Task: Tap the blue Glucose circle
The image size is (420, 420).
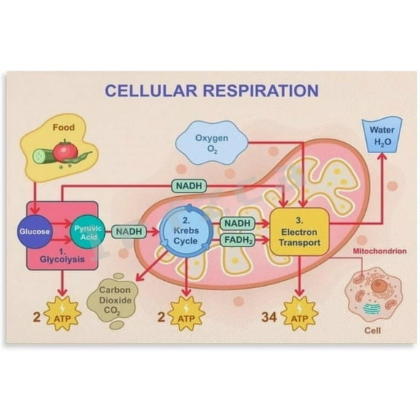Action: point(35,232)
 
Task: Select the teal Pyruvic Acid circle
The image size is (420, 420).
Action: point(89,233)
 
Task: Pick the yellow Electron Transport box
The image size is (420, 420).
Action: point(299,230)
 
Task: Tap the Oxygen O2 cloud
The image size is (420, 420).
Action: point(211,142)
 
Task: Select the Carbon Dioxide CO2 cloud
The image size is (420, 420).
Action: point(114,299)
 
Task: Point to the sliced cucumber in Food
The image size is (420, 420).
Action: point(45,155)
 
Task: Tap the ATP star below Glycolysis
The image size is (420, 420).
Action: point(61,315)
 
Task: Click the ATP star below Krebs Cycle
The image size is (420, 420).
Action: point(186,315)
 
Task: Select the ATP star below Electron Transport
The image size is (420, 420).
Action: point(300,315)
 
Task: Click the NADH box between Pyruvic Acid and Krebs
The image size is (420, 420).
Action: point(128,232)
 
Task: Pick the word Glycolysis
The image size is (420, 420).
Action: point(62,259)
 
